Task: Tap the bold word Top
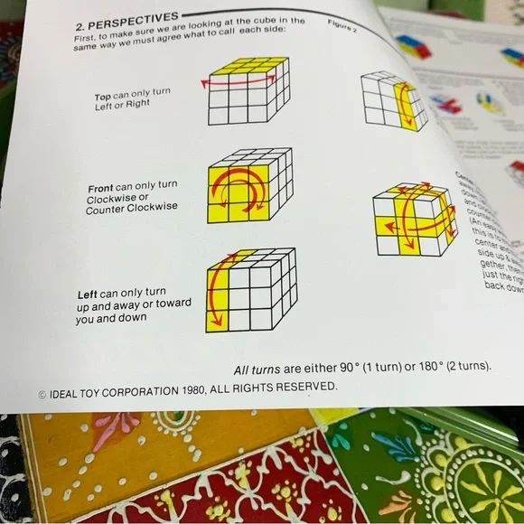click(x=103, y=97)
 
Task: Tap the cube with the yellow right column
click(x=394, y=101)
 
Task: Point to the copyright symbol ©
click(x=42, y=395)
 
